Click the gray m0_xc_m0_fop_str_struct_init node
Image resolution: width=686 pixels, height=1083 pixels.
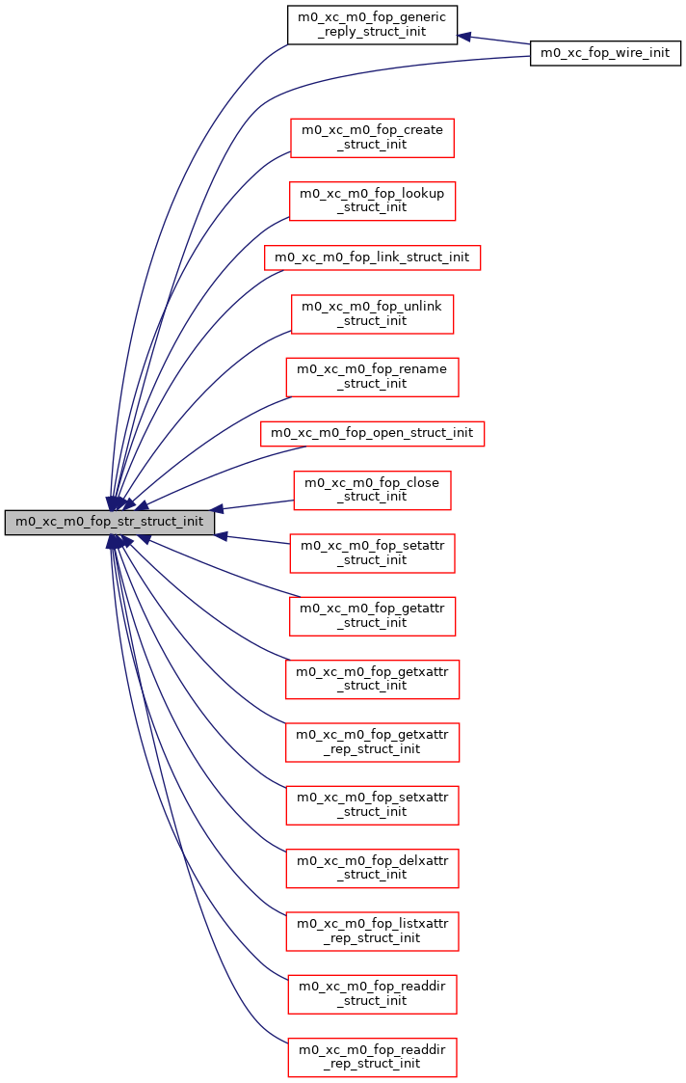[x=109, y=522]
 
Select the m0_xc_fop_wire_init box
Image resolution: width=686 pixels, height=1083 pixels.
[x=606, y=53]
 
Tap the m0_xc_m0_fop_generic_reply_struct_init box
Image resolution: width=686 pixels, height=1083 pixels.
[x=372, y=24]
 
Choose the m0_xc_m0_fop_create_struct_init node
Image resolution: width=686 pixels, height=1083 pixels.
[x=372, y=137]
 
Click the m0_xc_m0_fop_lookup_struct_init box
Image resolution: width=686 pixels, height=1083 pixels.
[x=372, y=201]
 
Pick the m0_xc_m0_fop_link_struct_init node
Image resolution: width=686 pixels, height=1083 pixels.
[x=372, y=257]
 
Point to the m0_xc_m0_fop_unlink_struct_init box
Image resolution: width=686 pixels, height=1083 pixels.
[x=372, y=313]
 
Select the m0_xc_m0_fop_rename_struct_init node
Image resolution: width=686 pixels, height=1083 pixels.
[x=372, y=376]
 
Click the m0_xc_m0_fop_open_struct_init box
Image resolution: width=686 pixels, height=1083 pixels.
[x=372, y=433]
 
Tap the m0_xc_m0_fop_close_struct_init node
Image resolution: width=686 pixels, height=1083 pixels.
[x=372, y=490]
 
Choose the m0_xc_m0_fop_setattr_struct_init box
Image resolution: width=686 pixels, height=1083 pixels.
[x=372, y=553]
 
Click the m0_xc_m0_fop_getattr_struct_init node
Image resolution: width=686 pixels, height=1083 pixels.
[x=372, y=615]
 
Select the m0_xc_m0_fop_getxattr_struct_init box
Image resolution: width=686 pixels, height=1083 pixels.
[x=372, y=678]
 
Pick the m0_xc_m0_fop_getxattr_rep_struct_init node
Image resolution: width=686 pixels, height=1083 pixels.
[x=372, y=741]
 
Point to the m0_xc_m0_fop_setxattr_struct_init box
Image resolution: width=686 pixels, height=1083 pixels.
[x=372, y=804]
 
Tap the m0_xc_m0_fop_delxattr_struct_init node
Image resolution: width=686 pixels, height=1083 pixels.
[x=372, y=867]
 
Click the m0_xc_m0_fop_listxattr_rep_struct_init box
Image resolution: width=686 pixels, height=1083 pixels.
[x=372, y=930]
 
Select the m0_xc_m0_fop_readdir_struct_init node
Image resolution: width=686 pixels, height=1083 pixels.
[x=372, y=993]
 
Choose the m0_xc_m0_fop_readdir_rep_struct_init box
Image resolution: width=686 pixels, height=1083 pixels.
[x=372, y=1056]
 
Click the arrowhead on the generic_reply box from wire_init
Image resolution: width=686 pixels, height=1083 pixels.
[x=463, y=37]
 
